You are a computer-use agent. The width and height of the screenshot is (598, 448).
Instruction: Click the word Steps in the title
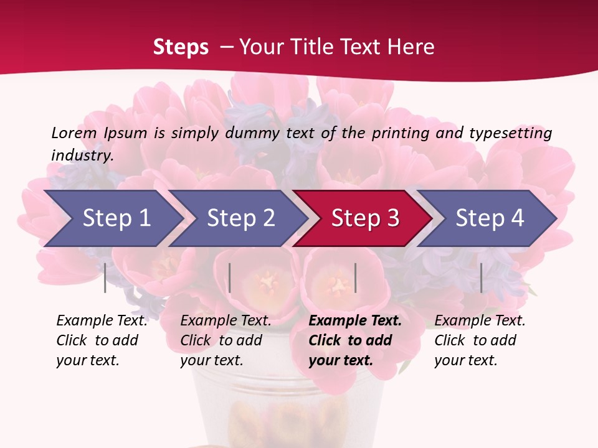181,47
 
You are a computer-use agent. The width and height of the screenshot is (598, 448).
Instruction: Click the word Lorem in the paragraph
74,133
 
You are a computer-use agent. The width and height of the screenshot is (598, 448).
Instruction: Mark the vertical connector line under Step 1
105,278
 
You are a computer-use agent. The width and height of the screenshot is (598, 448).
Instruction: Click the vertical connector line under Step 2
230,278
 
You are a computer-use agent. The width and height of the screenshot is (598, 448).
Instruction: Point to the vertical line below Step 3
356,278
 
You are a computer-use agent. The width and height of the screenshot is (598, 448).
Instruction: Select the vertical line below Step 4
482,278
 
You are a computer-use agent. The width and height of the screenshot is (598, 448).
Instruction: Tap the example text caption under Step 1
102,340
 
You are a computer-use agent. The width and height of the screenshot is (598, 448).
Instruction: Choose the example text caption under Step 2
225,340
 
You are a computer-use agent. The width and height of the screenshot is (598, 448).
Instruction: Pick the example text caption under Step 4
480,340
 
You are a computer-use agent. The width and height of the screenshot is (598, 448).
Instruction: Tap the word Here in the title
410,47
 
